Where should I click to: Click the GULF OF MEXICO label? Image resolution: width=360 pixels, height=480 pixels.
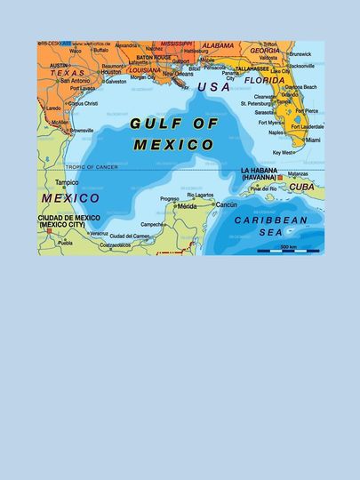tap(172, 133)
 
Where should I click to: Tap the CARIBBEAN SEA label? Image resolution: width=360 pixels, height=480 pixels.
tap(271, 225)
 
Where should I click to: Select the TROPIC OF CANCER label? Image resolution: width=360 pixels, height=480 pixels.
tap(92, 166)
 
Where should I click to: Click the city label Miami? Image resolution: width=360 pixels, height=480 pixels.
tap(312, 140)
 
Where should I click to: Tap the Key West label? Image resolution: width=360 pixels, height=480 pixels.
tap(282, 152)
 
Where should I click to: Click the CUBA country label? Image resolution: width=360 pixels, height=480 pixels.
tap(301, 187)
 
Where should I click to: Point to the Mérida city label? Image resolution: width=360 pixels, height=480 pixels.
tap(187, 206)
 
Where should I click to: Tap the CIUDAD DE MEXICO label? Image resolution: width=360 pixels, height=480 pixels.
tap(68, 220)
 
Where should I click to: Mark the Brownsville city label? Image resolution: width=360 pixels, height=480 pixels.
tap(81, 130)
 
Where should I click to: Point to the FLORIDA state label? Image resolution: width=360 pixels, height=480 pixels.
tap(265, 80)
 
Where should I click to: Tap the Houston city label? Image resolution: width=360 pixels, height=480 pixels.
tap(111, 71)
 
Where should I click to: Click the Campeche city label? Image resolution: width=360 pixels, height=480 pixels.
tap(152, 225)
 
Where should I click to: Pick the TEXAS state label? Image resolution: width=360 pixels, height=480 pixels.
tap(67, 73)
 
